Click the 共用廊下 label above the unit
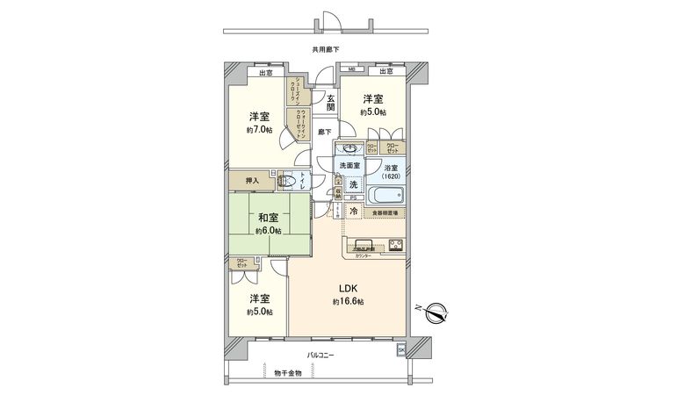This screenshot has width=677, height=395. (x=326, y=50)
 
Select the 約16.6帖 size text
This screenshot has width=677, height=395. (x=348, y=302)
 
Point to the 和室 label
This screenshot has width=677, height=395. (x=269, y=218)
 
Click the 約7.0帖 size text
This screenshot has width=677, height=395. (x=259, y=130)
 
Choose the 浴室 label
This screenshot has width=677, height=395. (x=391, y=168)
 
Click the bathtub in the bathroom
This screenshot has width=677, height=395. (x=385, y=195)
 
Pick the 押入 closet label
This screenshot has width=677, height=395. (x=252, y=181)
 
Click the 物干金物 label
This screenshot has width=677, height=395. (x=287, y=373)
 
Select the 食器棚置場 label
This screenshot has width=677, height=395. (x=385, y=212)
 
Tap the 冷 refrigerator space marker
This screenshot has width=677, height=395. (x=353, y=212)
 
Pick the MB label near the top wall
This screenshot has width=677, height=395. (x=350, y=70)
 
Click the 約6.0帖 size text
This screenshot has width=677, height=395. (x=269, y=231)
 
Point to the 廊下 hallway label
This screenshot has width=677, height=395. (x=324, y=132)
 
